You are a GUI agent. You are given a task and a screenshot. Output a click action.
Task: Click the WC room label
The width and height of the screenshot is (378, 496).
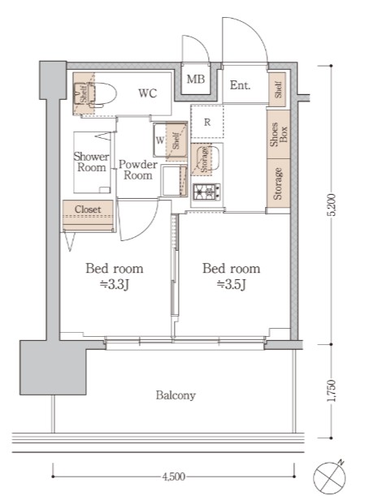coord(147,93)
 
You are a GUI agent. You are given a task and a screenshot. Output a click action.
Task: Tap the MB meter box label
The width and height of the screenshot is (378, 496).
coord(196,80)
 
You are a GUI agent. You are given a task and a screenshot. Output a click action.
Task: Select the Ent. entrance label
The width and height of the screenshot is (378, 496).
coord(240,85)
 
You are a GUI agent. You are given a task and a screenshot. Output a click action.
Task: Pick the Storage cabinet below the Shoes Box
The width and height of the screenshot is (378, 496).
coord(278,183)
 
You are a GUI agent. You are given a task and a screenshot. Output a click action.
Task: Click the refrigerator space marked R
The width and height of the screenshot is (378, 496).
coord(207,123)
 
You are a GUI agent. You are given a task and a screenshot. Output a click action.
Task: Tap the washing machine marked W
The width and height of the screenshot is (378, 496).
coord(159,139)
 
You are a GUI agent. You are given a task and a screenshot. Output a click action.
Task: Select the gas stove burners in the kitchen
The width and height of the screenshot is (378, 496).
coord(206,192)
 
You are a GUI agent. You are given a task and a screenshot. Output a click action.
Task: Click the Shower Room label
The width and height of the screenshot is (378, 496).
coord(91,162)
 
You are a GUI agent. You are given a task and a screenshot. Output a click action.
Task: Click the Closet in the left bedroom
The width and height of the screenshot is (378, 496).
coord(88,210)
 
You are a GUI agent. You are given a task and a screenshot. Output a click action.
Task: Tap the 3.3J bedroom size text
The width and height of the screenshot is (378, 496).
coord(115,284)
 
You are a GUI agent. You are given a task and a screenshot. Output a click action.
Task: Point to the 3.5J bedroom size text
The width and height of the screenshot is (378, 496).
coord(231,284)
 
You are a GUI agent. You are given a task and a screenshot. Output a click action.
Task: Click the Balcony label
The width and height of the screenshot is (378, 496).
coord(176,395)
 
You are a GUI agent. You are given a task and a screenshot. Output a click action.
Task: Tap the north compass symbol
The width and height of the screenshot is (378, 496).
coord(333,475)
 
